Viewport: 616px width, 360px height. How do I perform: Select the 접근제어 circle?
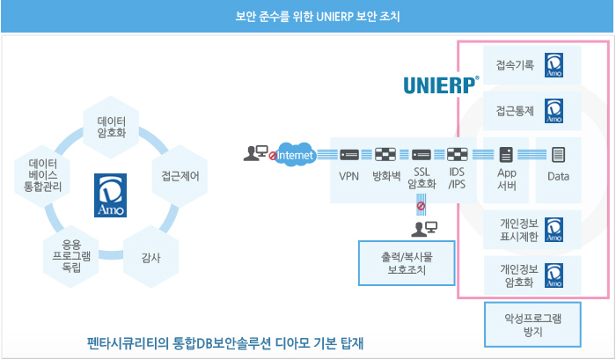180,174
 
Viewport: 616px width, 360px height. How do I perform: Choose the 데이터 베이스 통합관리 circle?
43,174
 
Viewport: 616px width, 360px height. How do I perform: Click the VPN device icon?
348,155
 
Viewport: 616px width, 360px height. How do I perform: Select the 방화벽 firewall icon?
385,155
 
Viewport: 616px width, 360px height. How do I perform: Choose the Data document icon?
558,155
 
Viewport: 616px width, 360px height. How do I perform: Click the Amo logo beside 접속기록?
554,66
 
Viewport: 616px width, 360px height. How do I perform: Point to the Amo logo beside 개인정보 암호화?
554,277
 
